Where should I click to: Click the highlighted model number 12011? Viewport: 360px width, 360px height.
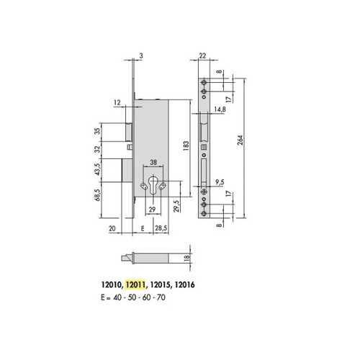[x=136, y=285]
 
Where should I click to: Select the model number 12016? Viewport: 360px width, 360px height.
[x=184, y=285]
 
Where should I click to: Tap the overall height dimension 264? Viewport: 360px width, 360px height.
[x=240, y=140]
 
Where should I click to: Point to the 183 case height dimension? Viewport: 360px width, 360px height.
[x=186, y=145]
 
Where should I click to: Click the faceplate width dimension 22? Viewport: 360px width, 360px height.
[x=202, y=55]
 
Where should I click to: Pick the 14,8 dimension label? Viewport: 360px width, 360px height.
[x=220, y=109]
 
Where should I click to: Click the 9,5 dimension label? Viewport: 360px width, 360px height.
[x=220, y=182]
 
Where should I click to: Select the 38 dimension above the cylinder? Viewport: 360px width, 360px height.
[x=153, y=163]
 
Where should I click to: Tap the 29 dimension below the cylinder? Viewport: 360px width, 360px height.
[x=152, y=210]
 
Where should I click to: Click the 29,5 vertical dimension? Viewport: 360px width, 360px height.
[x=176, y=206]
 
